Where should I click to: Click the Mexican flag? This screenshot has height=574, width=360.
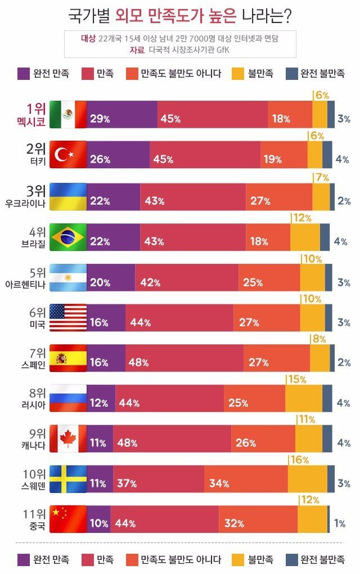[x=67, y=114]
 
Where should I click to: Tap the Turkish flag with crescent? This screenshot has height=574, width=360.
[x=67, y=155]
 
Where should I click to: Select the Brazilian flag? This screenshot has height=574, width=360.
[x=67, y=237]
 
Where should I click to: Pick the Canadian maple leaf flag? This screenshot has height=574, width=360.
[x=67, y=438]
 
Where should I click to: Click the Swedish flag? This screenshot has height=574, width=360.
[x=67, y=479]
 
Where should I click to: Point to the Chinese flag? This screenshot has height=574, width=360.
[x=67, y=519]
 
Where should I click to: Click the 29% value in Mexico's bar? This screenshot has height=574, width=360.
[x=100, y=119]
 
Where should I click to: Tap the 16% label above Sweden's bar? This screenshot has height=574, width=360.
[x=299, y=460]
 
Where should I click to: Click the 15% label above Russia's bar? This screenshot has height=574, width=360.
[x=296, y=380]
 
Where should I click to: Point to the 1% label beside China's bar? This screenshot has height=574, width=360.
[x=340, y=523]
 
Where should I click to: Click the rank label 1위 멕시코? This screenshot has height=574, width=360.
[x=34, y=114]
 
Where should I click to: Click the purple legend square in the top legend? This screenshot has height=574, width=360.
[x=24, y=74]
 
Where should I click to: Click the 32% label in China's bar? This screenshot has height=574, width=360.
[x=234, y=523]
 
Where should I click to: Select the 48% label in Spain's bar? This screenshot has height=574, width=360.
[x=138, y=362]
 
